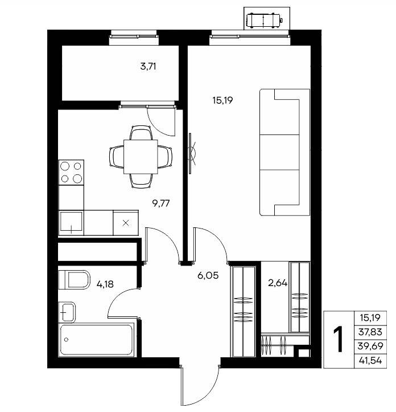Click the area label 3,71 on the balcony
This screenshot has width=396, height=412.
pos(148,67)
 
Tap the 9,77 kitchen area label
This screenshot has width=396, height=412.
pos(161,203)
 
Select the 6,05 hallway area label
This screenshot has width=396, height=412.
pos(208,276)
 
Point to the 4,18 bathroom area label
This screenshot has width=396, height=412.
pos(105,284)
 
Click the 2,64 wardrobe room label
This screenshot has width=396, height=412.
pos(278,283)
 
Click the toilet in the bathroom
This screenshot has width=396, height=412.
pos(75,280)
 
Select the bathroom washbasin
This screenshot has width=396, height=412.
pos(67,312)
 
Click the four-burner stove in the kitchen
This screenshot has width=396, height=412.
pos(71,172)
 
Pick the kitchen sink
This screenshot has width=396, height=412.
pos(71,223)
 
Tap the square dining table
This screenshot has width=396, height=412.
pos(141,157)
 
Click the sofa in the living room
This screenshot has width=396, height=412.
pos(285,152)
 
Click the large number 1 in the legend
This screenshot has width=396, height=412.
pos(339,339)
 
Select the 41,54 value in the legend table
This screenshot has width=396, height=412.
pos(370,360)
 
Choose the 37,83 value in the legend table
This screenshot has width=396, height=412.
pos(370,332)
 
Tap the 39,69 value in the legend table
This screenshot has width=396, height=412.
pos(370,346)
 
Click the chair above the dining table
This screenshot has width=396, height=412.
pos(141,132)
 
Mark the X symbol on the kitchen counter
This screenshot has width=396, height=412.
pos(126,223)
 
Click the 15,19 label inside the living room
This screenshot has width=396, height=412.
pos(223,100)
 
